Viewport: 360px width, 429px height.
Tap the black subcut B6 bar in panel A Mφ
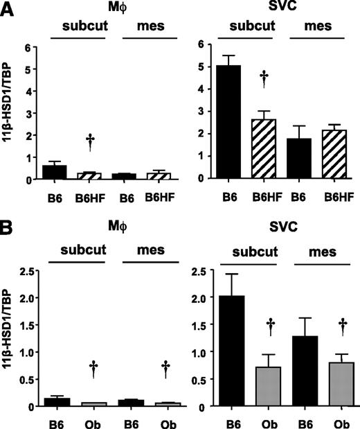60,172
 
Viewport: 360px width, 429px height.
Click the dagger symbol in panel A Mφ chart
90,142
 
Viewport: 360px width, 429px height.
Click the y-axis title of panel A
8,112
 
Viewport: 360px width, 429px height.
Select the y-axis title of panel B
8,339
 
